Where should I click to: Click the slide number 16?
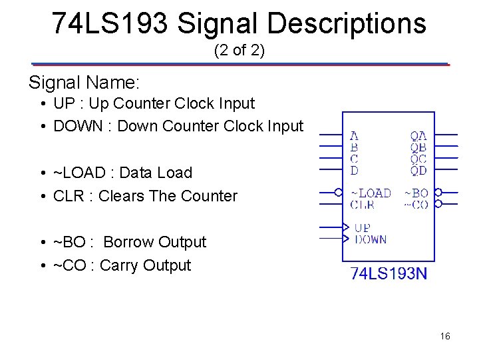tap(445, 336)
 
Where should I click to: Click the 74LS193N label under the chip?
tap(389, 273)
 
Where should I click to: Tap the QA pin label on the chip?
tap(418, 136)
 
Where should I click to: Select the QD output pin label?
tap(418, 171)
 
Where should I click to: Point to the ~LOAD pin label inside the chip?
tap(371, 193)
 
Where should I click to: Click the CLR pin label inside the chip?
tap(362, 205)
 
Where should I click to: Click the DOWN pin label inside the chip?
tap(371, 239)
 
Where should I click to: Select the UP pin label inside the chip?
tap(363, 227)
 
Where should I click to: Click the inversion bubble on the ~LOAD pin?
tap(338, 193)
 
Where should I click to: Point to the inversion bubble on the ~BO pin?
tap(438, 193)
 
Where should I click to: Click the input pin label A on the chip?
tap(354, 136)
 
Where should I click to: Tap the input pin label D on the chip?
tap(354, 171)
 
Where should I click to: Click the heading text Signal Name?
tap(84, 83)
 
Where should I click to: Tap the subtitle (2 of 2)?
tap(239, 51)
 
